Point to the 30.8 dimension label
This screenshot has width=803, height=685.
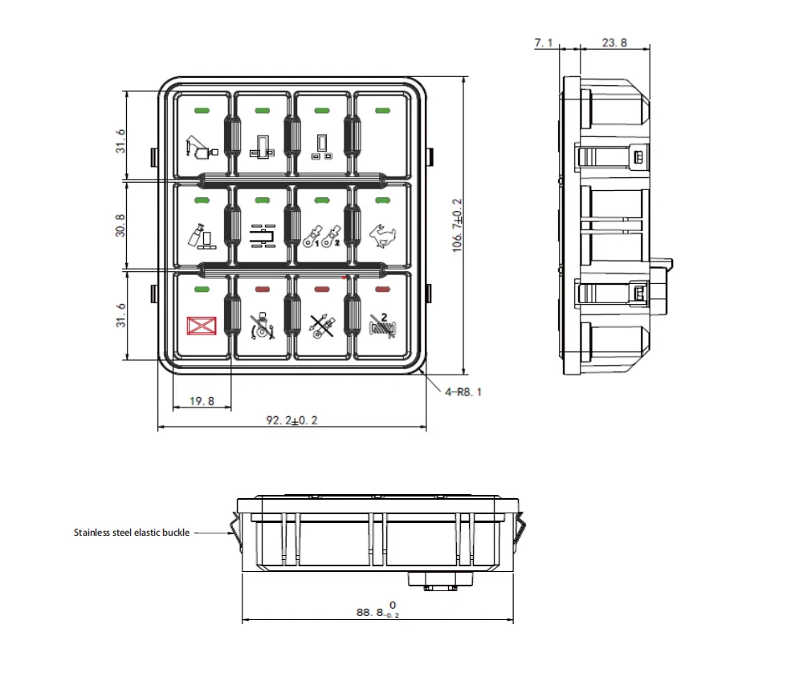point(120,225)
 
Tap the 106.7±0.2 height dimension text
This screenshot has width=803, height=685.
point(457,225)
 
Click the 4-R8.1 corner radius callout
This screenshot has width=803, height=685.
point(465,392)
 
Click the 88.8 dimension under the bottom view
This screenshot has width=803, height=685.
point(377,612)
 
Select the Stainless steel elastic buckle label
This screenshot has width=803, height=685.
point(132,532)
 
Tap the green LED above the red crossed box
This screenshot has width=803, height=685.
point(202,289)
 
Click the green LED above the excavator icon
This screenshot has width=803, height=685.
point(202,110)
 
